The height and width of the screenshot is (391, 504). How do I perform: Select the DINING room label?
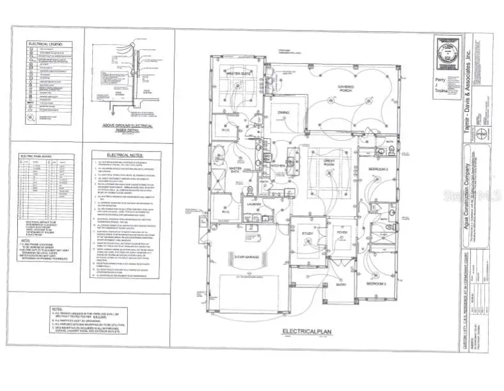click(283, 113)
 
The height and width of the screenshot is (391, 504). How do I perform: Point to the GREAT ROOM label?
click(330, 163)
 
